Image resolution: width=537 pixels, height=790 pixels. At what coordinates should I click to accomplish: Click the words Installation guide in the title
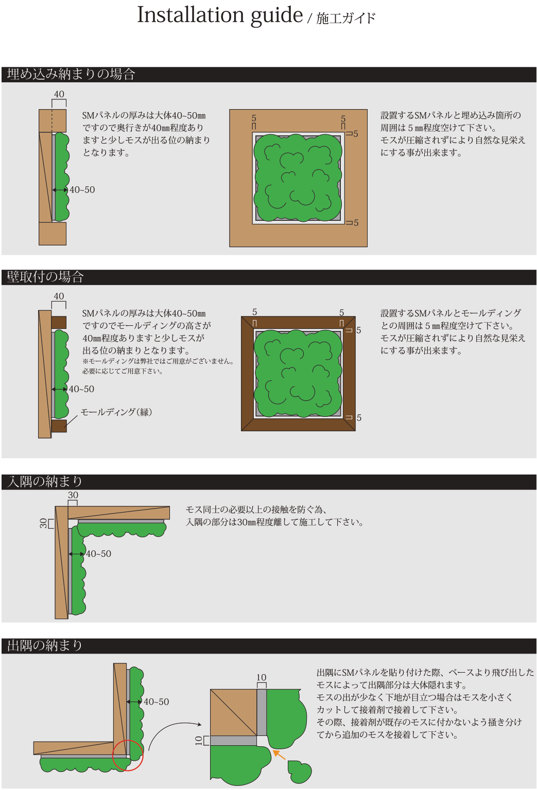220,15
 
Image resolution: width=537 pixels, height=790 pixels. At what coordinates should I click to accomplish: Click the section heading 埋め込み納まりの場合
71,74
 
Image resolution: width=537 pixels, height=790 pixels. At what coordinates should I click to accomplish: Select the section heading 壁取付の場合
45,277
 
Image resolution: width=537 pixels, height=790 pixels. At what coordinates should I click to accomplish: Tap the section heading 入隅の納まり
45,481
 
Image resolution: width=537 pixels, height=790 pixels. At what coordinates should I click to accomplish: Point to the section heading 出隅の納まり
45,645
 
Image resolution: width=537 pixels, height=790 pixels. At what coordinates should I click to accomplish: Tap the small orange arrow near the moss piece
279,754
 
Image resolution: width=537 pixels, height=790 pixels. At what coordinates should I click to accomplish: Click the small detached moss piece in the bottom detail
300,771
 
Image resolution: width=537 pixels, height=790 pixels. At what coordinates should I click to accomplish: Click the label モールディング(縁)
116,412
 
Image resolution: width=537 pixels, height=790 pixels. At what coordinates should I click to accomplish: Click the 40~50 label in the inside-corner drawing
98,554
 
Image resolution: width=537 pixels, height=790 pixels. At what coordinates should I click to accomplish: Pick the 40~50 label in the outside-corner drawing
157,702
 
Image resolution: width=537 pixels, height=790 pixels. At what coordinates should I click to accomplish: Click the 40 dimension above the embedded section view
59,94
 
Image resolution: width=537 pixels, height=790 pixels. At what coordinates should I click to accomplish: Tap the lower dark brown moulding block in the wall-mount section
59,426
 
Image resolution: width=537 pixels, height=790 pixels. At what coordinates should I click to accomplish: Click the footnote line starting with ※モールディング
158,361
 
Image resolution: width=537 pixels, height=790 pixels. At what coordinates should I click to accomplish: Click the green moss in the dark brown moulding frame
298,374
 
